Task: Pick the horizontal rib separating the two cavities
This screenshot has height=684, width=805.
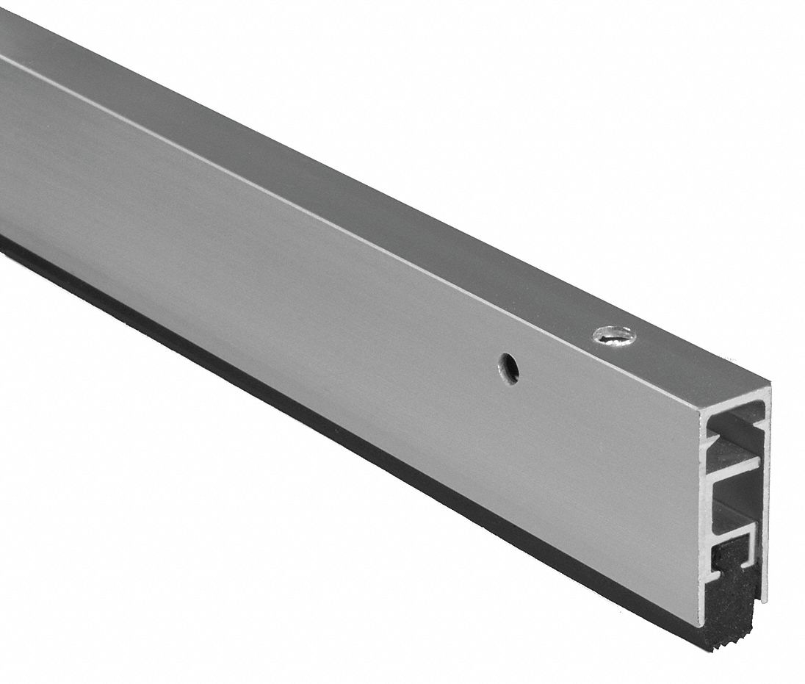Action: [734, 467]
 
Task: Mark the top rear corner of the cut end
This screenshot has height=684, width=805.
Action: [768, 385]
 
